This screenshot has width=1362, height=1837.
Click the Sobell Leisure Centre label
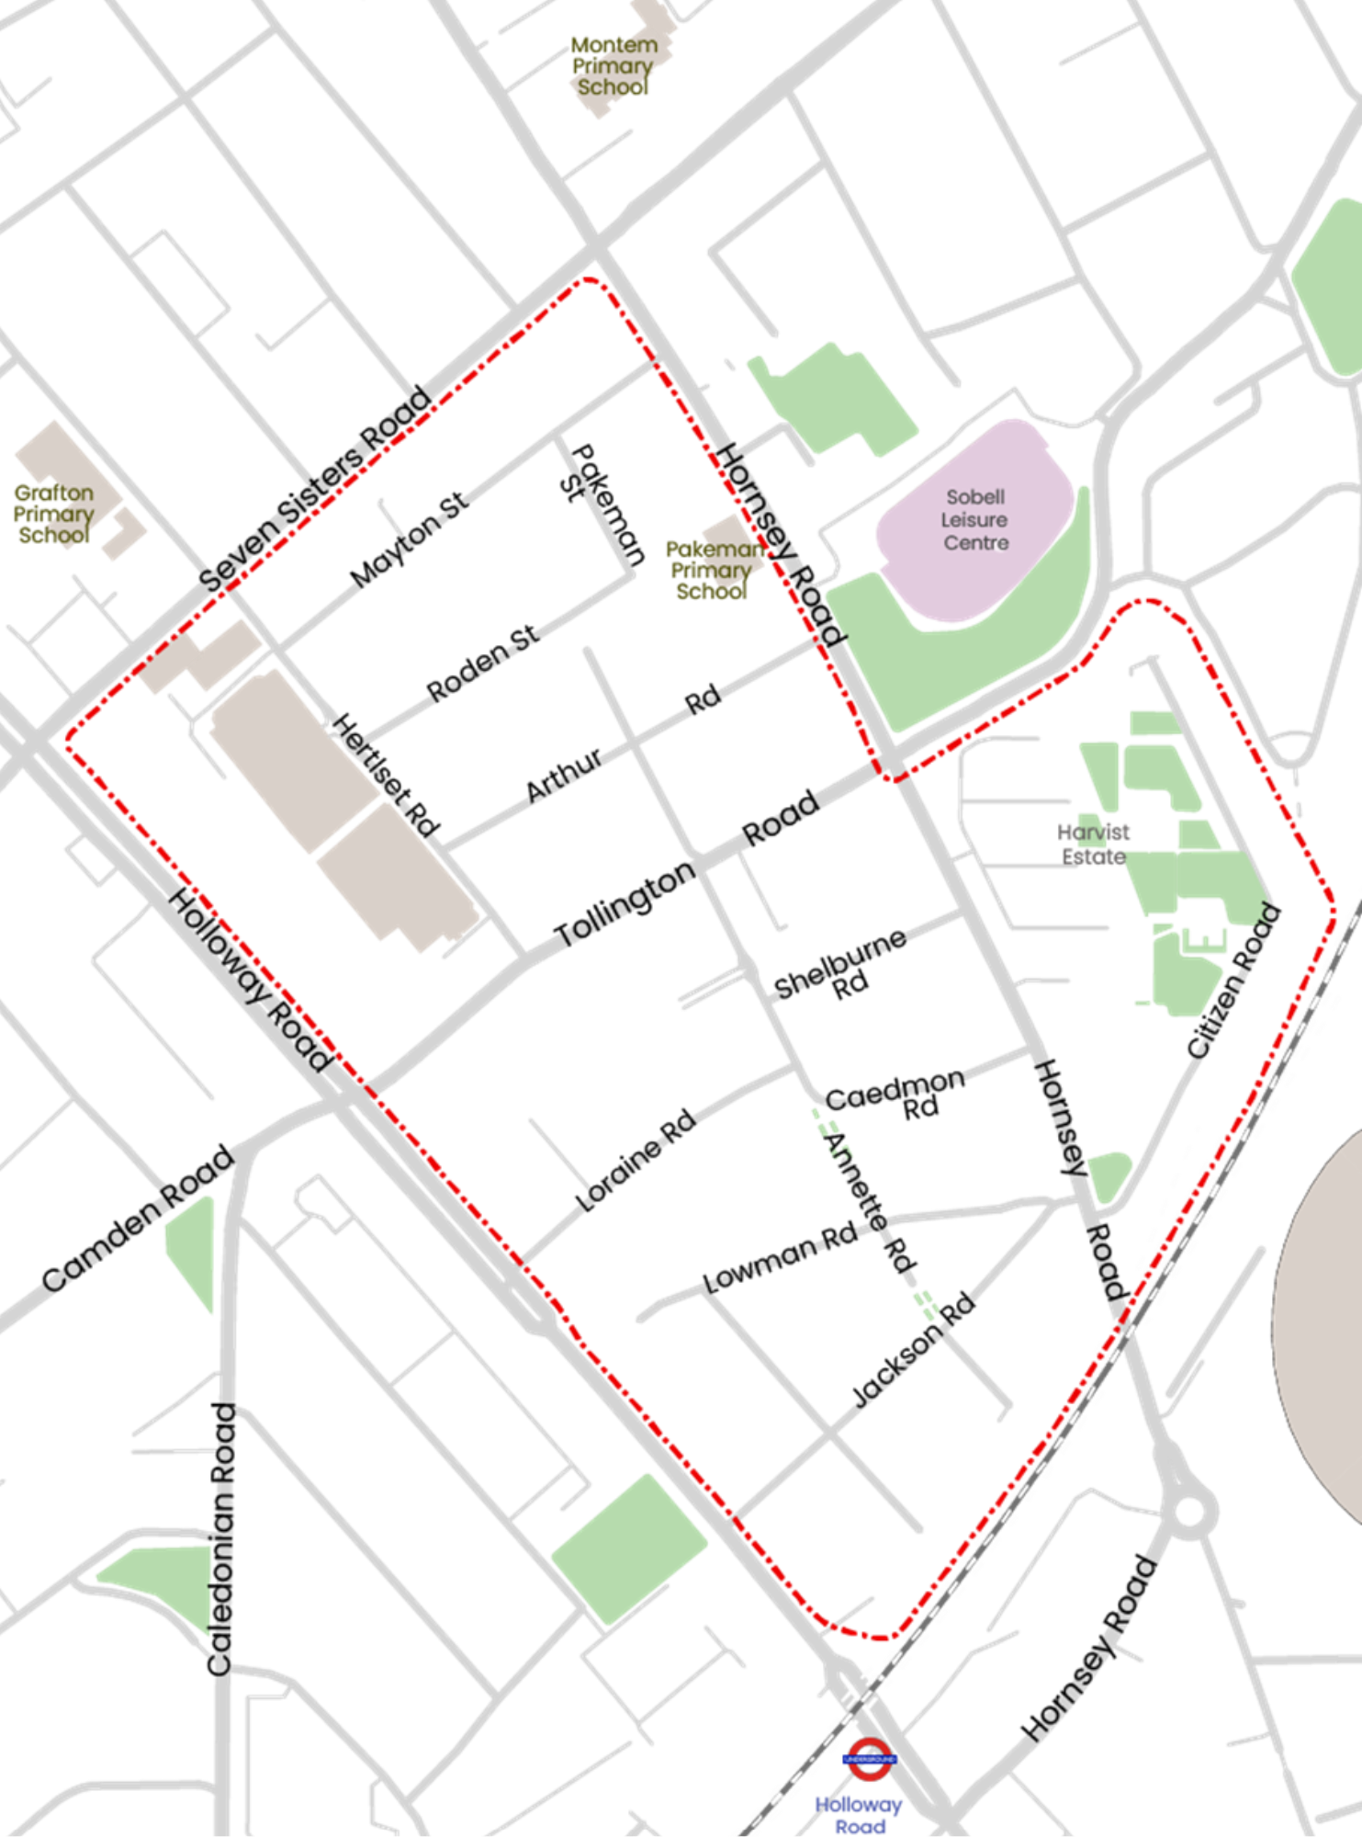click(975, 520)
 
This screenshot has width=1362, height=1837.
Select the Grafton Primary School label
click(53, 515)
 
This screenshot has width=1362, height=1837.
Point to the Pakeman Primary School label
click(713, 570)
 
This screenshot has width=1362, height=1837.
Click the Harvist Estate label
click(1093, 844)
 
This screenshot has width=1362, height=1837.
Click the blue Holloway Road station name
click(860, 1814)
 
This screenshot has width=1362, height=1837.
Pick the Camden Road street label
click(138, 1222)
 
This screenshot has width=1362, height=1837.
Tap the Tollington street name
click(626, 905)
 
